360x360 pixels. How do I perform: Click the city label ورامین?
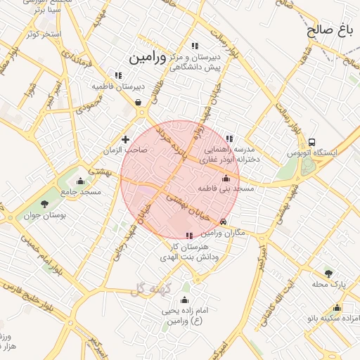pyautogui.click(x=148, y=57)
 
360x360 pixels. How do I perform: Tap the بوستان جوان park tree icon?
pyautogui.click(x=44, y=205)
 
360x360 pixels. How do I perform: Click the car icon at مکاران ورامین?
pyautogui.click(x=224, y=221)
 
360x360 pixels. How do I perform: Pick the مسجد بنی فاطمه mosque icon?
pyautogui.click(x=225, y=178)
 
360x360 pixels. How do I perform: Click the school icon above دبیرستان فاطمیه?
pyautogui.click(x=118, y=75)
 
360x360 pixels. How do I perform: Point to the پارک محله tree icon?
pyautogui.click(x=328, y=273)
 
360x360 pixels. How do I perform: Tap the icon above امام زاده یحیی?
pyautogui.click(x=185, y=300)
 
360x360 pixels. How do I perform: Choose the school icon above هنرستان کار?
pyautogui.click(x=188, y=236)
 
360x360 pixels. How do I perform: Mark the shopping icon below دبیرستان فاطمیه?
pyautogui.click(x=138, y=102)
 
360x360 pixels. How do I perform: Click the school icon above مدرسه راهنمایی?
pyautogui.click(x=229, y=139)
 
